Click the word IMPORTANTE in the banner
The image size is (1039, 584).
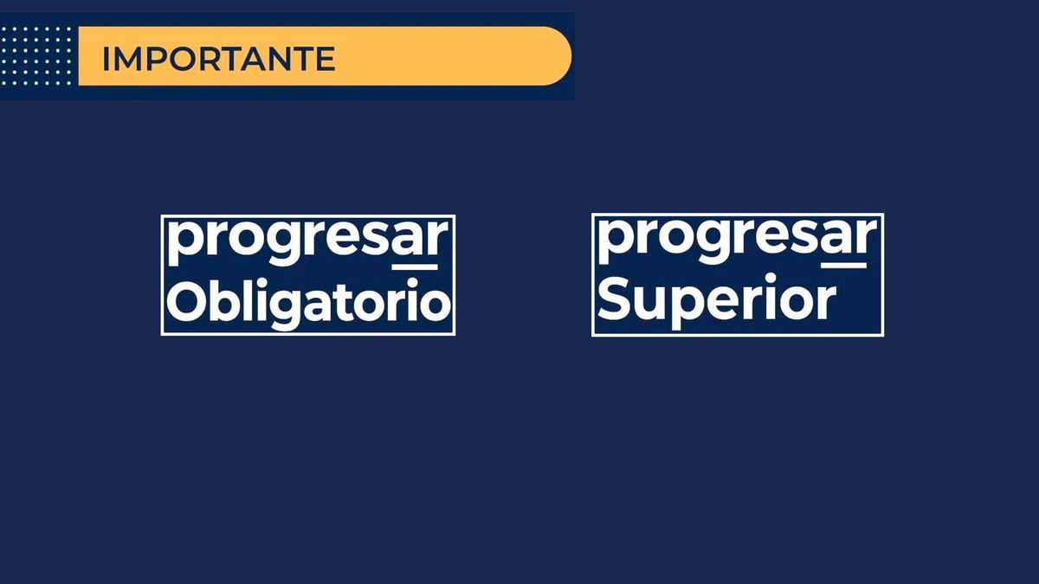click(x=218, y=59)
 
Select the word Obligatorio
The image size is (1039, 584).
click(x=308, y=303)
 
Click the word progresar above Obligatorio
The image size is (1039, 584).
click(x=308, y=241)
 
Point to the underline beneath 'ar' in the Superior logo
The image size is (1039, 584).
click(x=844, y=265)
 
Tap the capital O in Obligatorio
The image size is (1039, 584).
click(x=184, y=302)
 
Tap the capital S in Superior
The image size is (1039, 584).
click(x=614, y=299)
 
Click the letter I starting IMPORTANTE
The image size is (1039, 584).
click(x=106, y=59)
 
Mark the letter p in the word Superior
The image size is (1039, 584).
click(x=690, y=305)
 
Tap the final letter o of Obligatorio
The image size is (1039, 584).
click(x=436, y=305)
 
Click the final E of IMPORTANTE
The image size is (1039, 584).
click(x=324, y=59)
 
